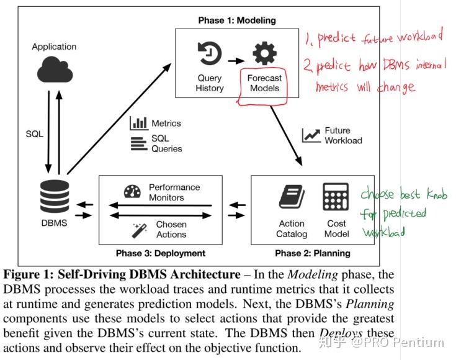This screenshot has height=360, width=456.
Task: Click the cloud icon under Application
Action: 55,70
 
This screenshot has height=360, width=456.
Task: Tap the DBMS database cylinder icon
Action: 54,197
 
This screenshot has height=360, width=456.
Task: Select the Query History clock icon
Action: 209,54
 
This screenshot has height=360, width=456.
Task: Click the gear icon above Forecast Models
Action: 264,54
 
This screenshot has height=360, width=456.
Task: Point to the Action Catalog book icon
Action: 291,197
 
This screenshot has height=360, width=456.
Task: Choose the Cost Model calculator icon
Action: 336,197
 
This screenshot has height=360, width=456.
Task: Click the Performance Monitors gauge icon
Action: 132,192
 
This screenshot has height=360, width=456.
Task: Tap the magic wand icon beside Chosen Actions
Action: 138,230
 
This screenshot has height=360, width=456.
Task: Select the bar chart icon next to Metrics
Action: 138,123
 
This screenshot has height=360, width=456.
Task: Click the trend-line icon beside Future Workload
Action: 311,135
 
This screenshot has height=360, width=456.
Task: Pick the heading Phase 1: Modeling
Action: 237,20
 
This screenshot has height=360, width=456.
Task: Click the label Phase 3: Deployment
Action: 161,253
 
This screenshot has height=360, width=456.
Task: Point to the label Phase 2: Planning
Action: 313,253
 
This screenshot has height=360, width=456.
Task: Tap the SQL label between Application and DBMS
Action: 35,134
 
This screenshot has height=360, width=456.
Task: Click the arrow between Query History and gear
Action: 236,61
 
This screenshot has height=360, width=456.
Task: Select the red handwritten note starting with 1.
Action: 373,38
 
